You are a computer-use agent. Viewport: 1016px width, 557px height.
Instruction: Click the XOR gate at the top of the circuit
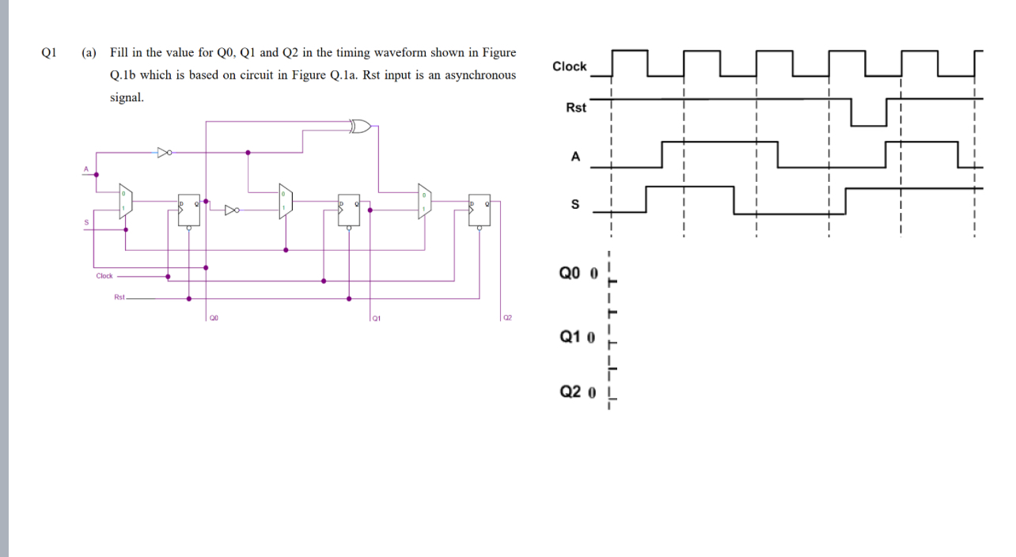pos(361,125)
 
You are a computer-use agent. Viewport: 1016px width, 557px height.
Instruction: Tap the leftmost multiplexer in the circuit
pos(126,202)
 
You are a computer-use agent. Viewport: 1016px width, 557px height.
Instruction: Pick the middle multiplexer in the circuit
pos(286,202)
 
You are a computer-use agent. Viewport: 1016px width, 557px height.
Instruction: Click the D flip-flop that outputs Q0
pos(189,210)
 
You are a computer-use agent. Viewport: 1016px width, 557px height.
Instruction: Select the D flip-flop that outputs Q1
pos(349,210)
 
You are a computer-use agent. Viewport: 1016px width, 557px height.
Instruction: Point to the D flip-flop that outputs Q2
pos(479,210)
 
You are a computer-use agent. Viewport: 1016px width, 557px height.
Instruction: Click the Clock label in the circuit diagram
pos(104,276)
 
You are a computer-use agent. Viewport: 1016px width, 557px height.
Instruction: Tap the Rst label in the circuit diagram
pos(119,297)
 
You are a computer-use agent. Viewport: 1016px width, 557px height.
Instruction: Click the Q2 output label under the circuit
pos(507,318)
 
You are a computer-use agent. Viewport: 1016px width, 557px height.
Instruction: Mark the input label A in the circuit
pos(86,169)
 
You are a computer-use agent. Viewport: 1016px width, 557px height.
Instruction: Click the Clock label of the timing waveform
pos(569,66)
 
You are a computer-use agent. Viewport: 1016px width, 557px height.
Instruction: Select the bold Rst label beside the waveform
pos(576,108)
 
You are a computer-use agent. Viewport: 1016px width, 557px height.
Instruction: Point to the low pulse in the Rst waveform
pos(869,115)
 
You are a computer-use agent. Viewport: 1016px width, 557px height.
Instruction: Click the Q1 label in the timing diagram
pos(571,336)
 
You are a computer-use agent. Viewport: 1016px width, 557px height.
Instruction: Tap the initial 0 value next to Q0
pos(593,274)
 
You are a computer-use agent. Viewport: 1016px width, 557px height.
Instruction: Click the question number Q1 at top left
pos(49,53)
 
